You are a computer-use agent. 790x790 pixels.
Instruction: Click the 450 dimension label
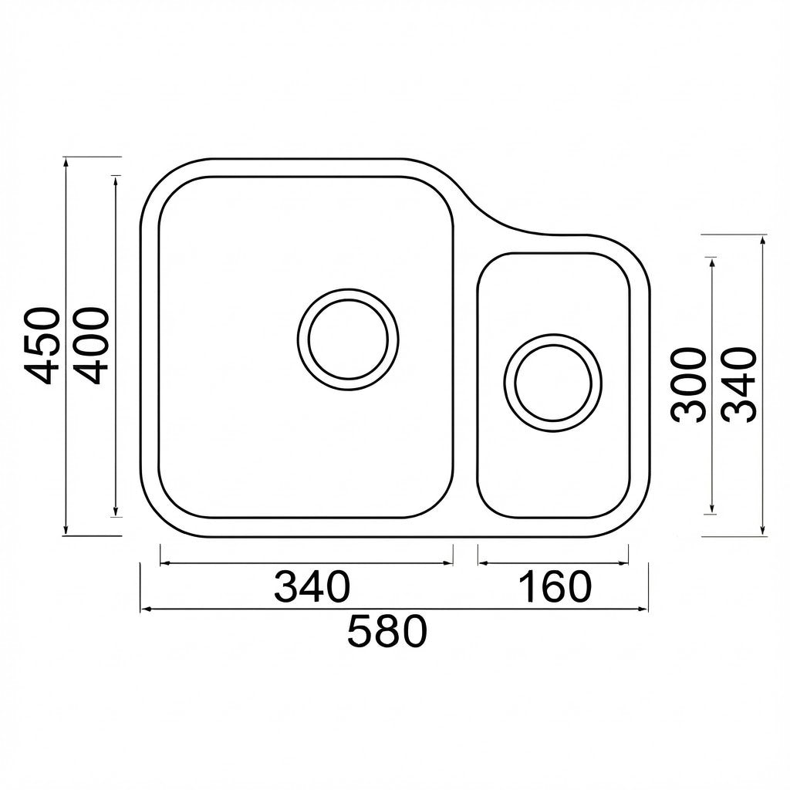[43, 346]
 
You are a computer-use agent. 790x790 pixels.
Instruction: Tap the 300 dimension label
[688, 385]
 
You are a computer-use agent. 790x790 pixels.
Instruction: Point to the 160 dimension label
[554, 586]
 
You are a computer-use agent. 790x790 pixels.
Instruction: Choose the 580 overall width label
[387, 631]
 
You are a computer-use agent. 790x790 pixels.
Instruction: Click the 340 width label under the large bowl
[312, 586]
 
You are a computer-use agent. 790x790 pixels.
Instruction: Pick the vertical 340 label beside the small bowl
[739, 384]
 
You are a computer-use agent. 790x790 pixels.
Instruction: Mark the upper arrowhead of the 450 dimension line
[66, 162]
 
